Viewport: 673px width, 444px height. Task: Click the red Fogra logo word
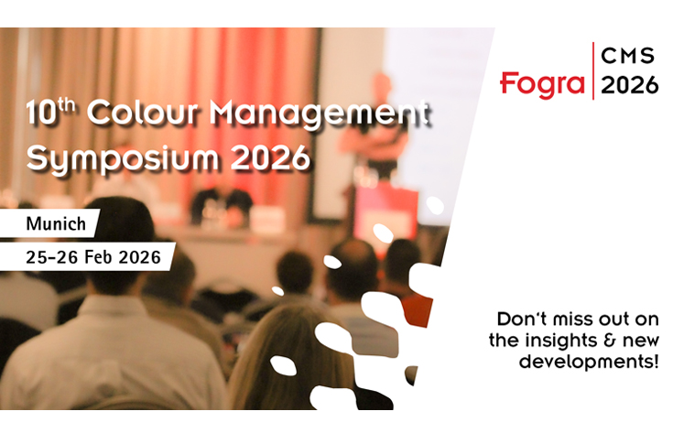544,83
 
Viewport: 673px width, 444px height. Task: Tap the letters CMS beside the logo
629,57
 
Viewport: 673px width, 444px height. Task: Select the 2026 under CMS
629,84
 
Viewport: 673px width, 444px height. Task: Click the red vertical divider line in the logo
593,70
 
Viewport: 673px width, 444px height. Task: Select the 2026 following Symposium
270,158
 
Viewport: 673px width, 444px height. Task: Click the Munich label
56,222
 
